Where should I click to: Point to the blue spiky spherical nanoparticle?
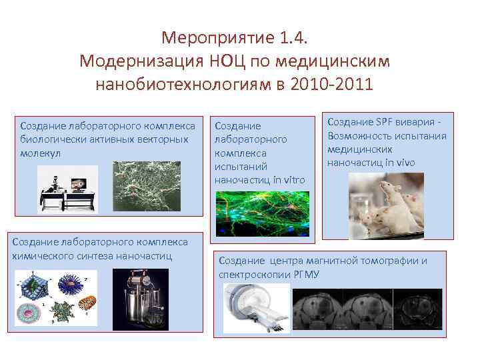coord(69,284)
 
